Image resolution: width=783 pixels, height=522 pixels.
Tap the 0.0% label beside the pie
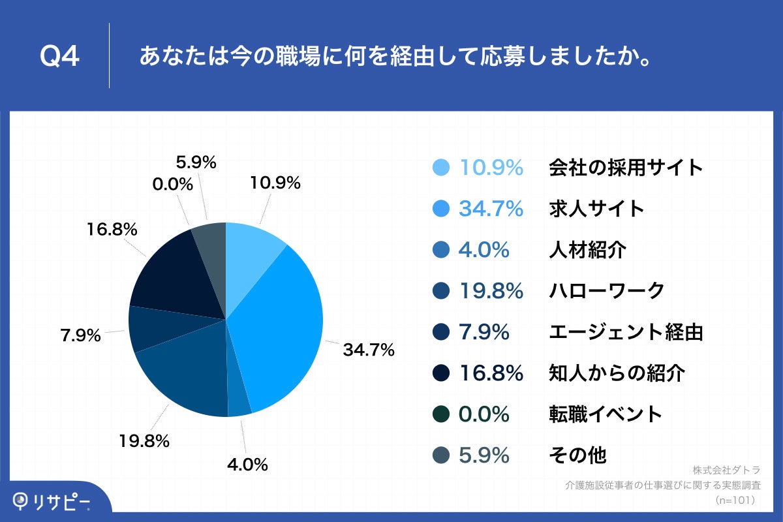coord(172,185)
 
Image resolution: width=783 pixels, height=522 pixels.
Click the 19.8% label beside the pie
coord(144,440)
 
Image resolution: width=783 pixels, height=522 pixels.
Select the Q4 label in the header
coord(59,57)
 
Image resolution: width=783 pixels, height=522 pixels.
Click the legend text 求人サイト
coord(596,209)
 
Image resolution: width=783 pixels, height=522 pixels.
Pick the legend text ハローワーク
coord(606,291)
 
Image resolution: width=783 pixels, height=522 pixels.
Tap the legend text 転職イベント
coord(606,414)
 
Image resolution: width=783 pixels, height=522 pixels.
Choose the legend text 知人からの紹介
coord(617,373)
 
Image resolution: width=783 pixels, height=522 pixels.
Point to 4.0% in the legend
coord(484,250)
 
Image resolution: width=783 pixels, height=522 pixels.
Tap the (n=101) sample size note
coord(735,500)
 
